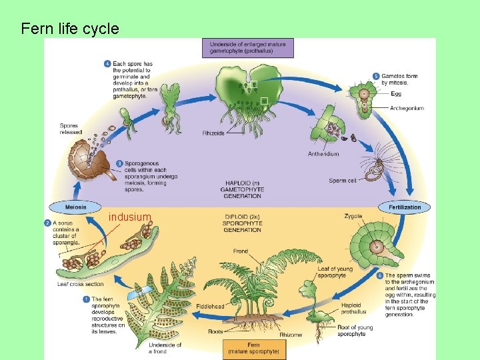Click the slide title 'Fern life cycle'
click(69, 29)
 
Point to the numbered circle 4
click(108, 64)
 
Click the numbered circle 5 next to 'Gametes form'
click(377, 76)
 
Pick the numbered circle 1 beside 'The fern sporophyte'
click(86, 299)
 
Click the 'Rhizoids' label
click(214, 133)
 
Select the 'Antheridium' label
click(323, 154)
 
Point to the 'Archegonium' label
click(407, 108)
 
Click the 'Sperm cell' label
click(343, 181)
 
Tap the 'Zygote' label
click(353, 216)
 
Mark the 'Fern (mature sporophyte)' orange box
click(254, 347)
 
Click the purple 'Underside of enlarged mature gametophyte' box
click(247, 47)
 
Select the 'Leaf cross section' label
click(80, 284)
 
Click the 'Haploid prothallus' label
click(353, 308)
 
